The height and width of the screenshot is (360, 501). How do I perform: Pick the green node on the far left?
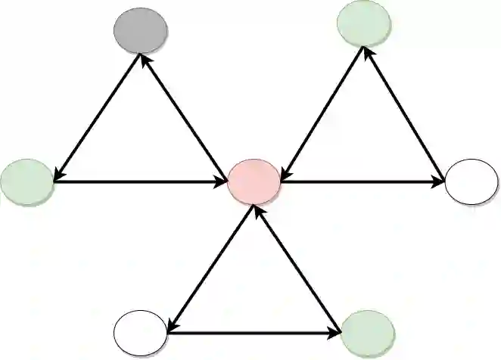tap(26, 182)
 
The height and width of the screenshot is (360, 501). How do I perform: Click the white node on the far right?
tap(471, 182)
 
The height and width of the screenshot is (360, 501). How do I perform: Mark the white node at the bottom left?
tap(140, 333)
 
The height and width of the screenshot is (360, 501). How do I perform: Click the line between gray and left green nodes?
tap(96, 117)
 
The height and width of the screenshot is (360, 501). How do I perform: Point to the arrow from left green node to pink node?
tap(140, 182)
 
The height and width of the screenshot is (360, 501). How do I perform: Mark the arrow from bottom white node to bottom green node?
tap(254, 331)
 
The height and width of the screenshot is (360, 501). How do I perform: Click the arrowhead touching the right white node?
tap(439, 182)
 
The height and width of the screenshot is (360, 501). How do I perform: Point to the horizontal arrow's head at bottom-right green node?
tap(338, 331)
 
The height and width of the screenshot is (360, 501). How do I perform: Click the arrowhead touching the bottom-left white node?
tap(171, 325)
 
